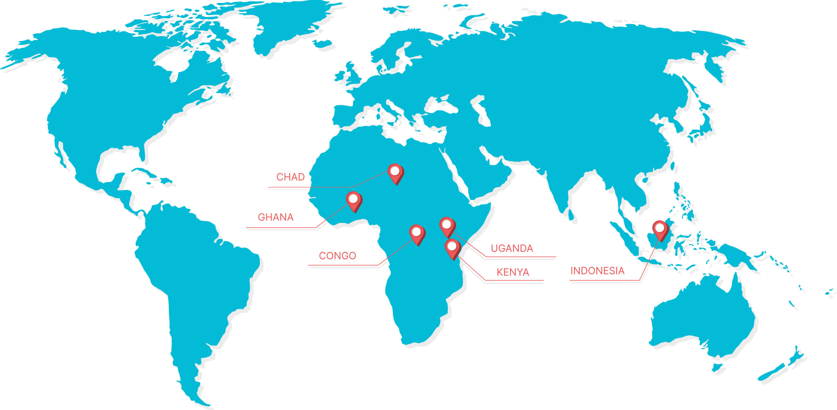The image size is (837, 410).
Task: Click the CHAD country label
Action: click(x=290, y=177)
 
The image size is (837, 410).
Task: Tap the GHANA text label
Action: click(x=276, y=217)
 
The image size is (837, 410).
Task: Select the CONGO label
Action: click(x=337, y=256)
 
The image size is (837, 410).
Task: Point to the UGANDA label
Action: click(x=512, y=248)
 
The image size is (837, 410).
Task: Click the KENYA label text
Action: click(x=513, y=272)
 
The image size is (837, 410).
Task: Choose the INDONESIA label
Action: click(x=597, y=271)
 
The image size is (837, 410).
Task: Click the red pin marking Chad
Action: click(x=395, y=173)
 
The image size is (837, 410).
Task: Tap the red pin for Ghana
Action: click(x=353, y=200)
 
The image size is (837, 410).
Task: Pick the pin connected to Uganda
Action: click(x=447, y=226)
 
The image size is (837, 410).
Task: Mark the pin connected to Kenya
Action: click(x=452, y=248)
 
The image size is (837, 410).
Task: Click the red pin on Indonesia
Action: click(x=659, y=230)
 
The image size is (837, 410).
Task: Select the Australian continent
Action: click(x=701, y=317)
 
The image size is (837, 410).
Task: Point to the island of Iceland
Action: click(x=322, y=44)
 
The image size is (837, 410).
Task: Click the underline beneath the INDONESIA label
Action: click(x=604, y=280)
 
